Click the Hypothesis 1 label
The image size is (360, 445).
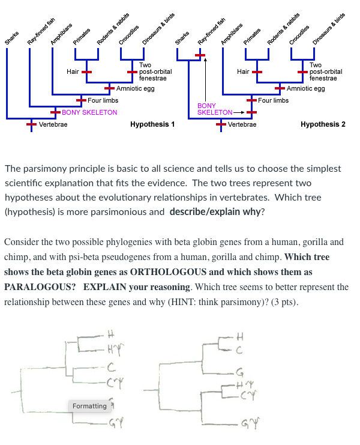click(x=152, y=124)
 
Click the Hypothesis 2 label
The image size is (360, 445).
click(x=323, y=124)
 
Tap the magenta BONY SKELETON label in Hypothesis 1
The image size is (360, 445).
click(x=89, y=112)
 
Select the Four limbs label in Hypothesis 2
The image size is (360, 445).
click(x=273, y=100)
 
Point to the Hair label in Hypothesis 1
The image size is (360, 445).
click(x=73, y=71)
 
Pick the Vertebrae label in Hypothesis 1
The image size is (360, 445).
click(x=53, y=124)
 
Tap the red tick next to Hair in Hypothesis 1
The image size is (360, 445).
click(x=86, y=71)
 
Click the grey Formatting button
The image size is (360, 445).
click(x=89, y=406)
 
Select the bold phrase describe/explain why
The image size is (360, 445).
click(x=215, y=211)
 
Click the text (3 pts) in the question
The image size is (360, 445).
click(x=283, y=301)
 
